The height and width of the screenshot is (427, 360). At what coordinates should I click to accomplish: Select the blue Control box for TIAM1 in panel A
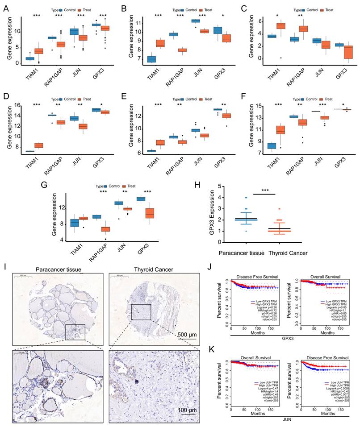coord(30,58)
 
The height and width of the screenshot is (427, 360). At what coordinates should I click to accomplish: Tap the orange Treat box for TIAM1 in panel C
coord(280,25)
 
